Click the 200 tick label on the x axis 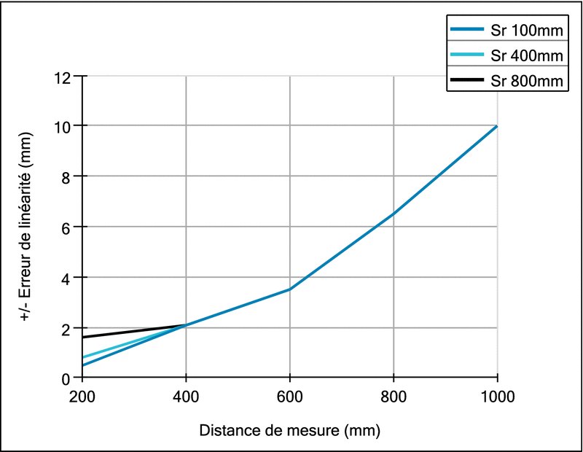click(82, 397)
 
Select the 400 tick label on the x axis click(186, 397)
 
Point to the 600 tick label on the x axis click(290, 397)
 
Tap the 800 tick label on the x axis click(394, 397)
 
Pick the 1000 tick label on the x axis click(497, 397)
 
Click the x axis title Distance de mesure click(289, 429)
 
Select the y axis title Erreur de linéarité click(26, 227)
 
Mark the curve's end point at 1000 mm click(497, 126)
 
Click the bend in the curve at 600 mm click(290, 289)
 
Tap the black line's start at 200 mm click(83, 338)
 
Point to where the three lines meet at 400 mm click(187, 325)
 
